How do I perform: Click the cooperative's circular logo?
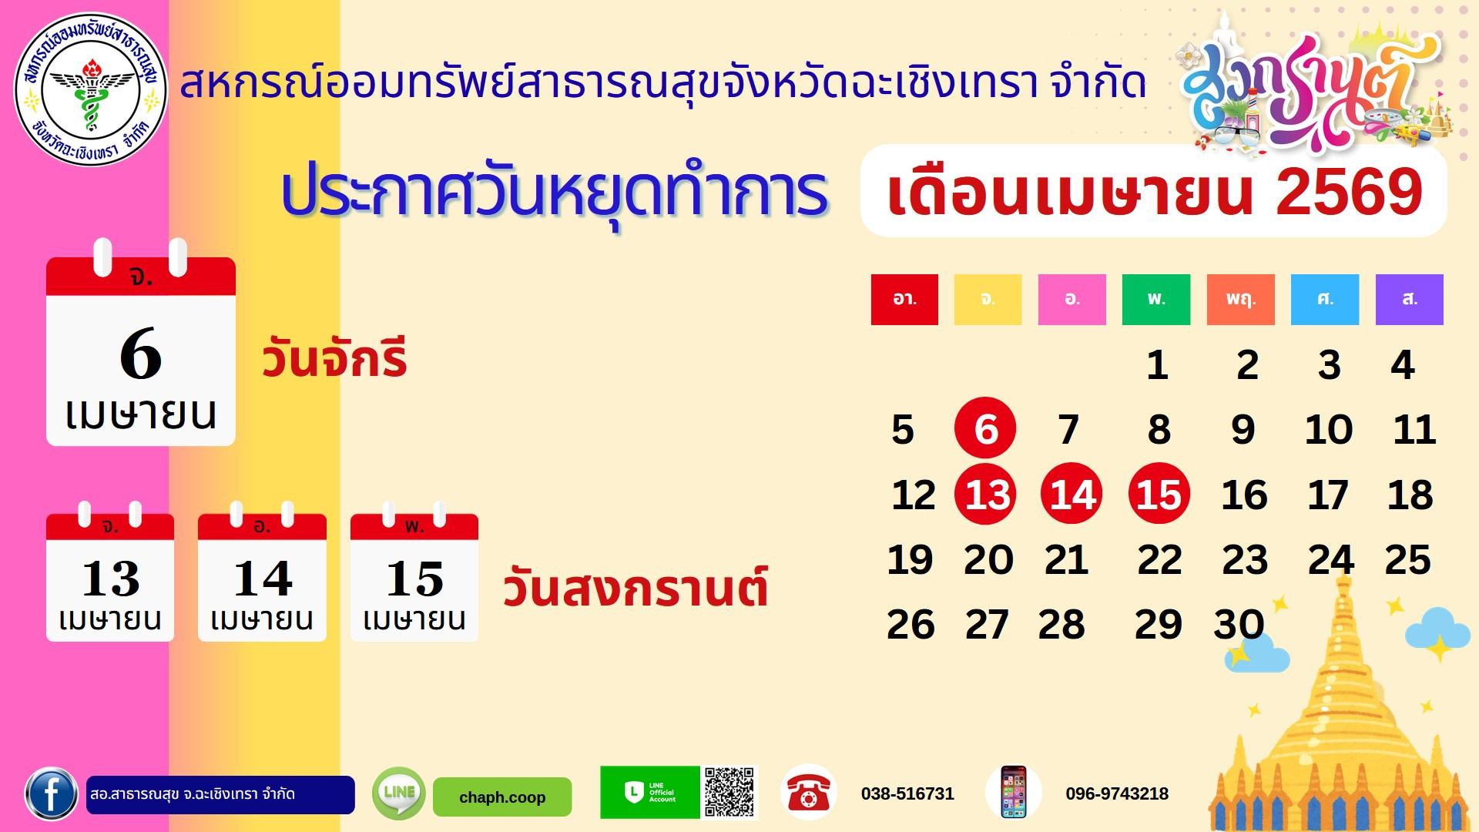click(91, 89)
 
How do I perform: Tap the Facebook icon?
click(51, 793)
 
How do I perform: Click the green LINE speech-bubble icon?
click(398, 793)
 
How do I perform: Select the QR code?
click(729, 792)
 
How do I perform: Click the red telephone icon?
click(808, 792)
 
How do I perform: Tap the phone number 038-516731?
click(907, 793)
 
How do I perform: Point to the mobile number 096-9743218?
click(1117, 793)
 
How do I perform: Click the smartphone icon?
click(1013, 792)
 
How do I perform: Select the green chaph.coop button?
click(502, 797)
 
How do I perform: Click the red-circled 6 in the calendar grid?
click(985, 428)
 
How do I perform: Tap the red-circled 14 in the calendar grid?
click(1072, 494)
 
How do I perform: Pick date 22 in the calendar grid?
click(1159, 560)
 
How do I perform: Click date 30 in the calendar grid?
click(1239, 624)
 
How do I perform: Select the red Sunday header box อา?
click(904, 300)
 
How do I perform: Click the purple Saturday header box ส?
click(1409, 300)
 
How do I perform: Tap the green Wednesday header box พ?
click(1156, 300)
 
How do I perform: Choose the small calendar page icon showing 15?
click(414, 578)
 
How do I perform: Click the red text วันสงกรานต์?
click(636, 589)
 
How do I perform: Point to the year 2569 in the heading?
click(1348, 193)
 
